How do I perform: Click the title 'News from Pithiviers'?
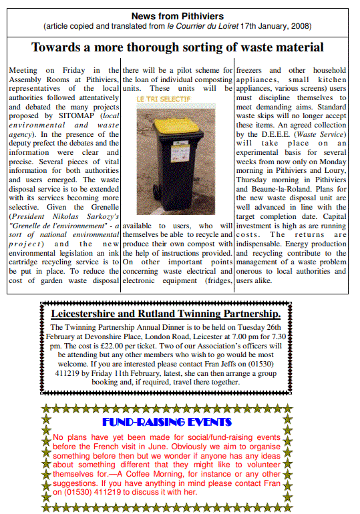click(x=177, y=16)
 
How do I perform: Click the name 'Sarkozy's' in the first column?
click(x=102, y=217)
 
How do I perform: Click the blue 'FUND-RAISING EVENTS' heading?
click(x=167, y=422)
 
